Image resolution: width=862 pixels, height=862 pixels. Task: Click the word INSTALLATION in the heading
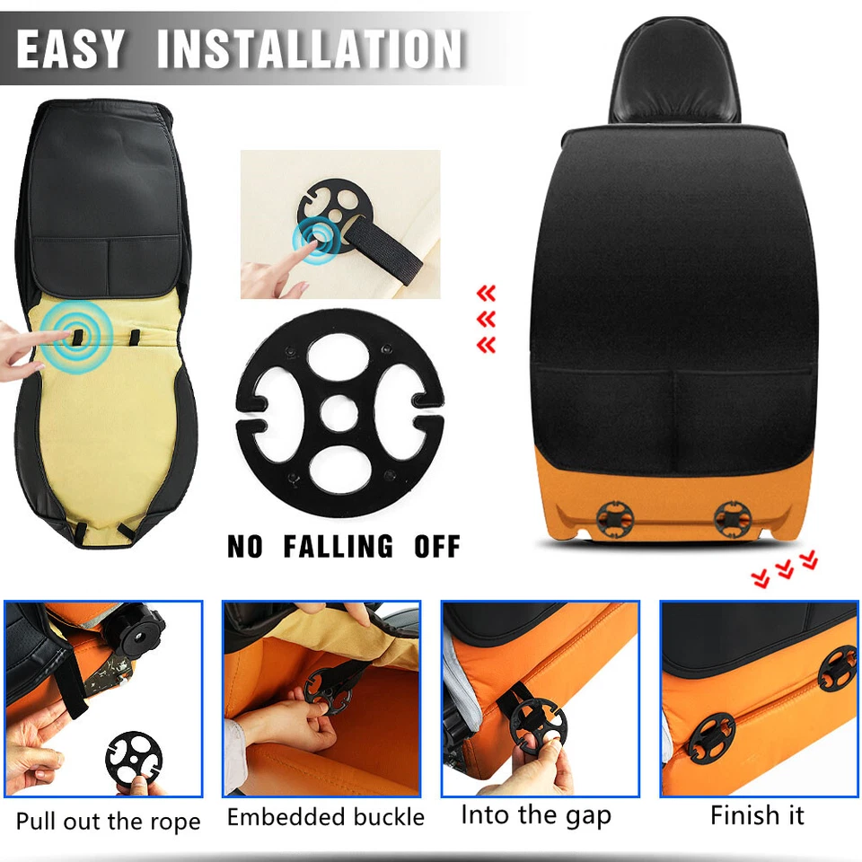click(x=311, y=49)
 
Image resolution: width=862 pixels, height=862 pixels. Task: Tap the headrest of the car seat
click(x=673, y=76)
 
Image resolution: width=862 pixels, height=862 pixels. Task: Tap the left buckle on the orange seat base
click(x=615, y=518)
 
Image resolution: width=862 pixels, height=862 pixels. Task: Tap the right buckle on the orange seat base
click(x=732, y=518)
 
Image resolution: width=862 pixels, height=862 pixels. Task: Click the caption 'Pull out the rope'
click(x=108, y=822)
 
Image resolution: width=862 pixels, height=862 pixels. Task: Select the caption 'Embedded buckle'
click(x=325, y=817)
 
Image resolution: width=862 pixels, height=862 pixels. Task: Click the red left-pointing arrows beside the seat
click(x=486, y=319)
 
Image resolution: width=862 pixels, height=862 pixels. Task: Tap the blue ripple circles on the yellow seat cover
click(x=74, y=334)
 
